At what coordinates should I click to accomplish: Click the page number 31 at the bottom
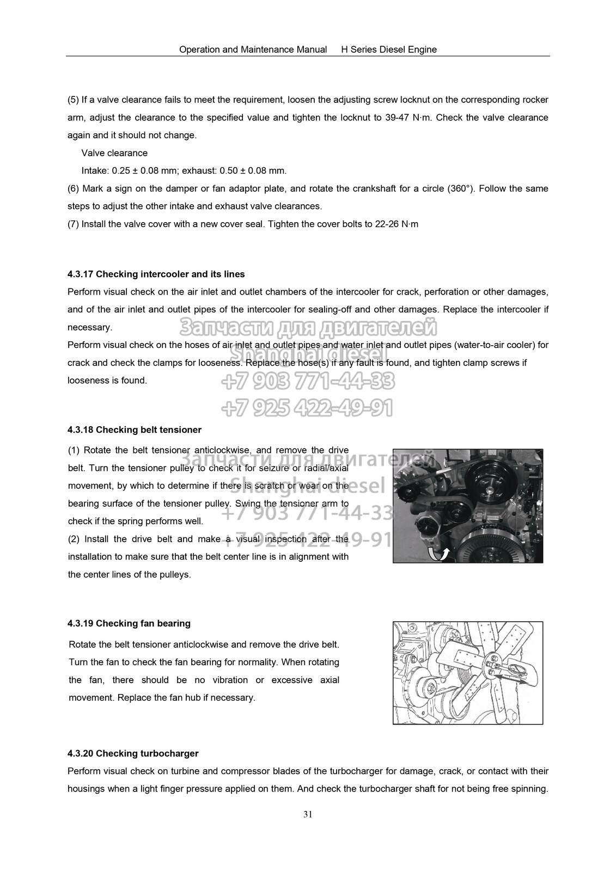click(x=308, y=815)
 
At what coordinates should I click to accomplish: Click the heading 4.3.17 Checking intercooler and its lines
click(x=156, y=274)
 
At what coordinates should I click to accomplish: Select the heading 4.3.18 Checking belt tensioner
click(x=134, y=430)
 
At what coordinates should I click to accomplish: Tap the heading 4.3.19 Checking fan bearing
click(x=129, y=623)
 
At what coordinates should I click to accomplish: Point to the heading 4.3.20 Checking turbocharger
click(x=133, y=753)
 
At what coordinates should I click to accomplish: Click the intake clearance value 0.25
click(x=121, y=170)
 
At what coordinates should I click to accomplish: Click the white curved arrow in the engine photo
click(x=437, y=553)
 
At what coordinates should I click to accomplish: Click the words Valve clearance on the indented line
click(x=114, y=153)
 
